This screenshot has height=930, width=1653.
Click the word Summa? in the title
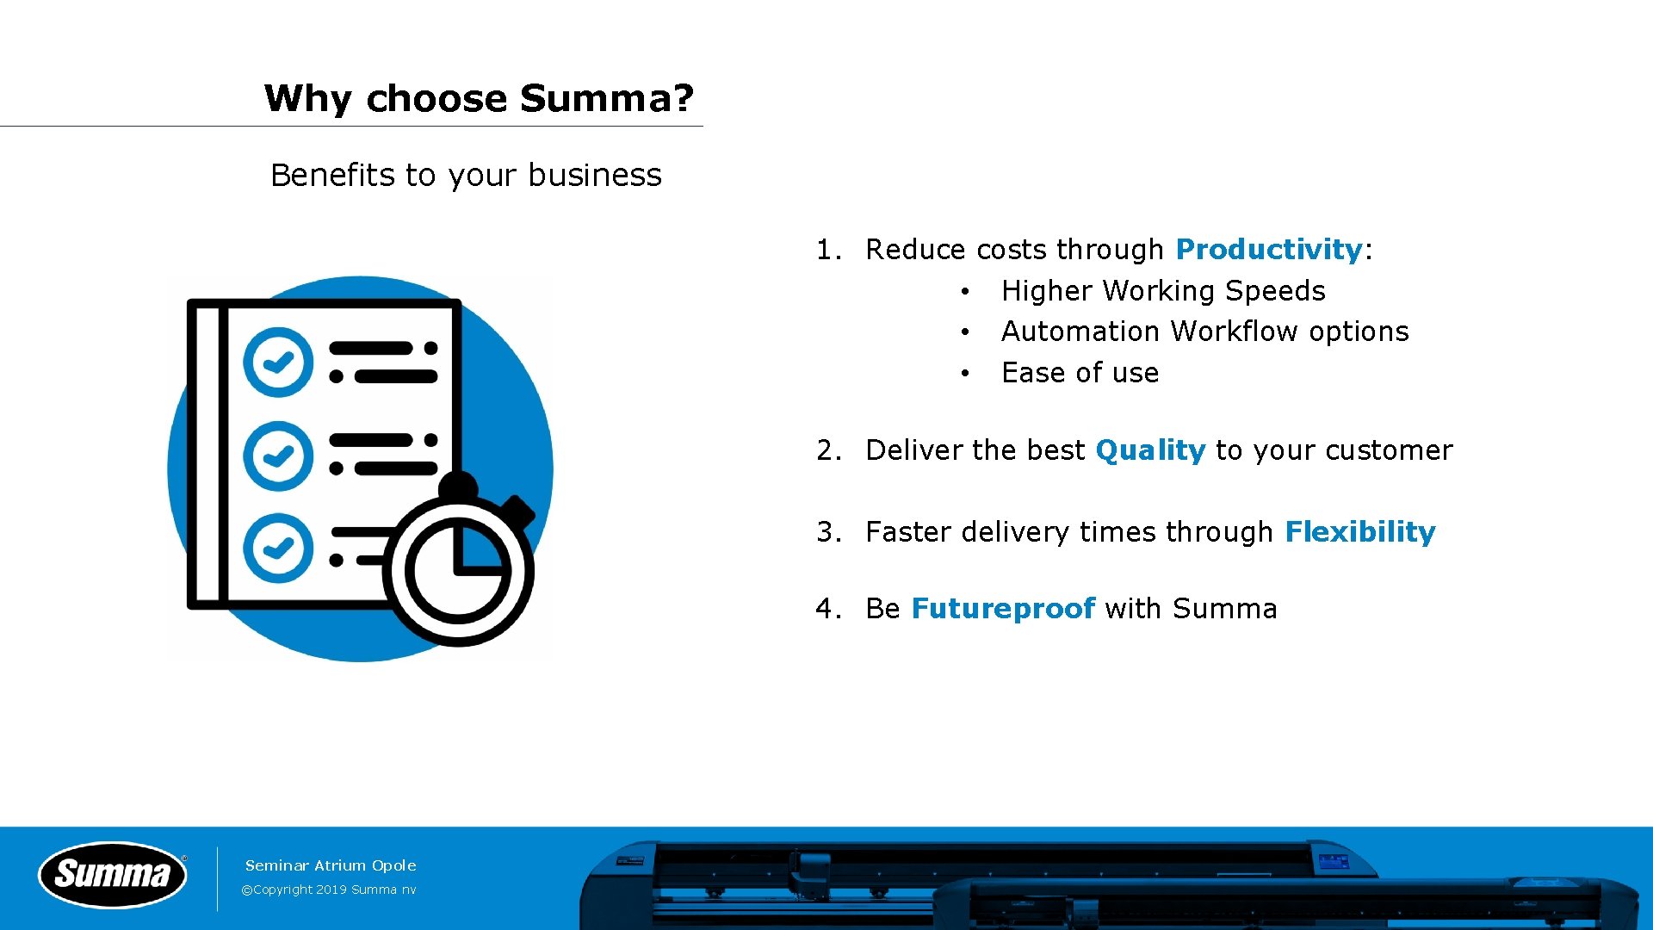606,98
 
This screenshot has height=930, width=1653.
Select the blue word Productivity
1268,250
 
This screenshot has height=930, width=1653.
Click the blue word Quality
1149,450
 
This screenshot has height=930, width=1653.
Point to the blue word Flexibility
1359,532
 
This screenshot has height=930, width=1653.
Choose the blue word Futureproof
1003,609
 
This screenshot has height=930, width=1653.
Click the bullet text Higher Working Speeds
1162,291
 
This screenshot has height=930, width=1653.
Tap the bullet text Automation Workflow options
1204,332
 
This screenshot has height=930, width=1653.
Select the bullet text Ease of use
1080,373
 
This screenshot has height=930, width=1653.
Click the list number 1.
827,250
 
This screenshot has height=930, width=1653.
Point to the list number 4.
827,609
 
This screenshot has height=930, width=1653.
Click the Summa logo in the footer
113,875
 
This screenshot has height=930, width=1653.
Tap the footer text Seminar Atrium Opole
331,865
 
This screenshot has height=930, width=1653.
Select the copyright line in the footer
329,890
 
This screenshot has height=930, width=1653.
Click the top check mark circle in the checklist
277,362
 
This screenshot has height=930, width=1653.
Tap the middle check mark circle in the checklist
277,456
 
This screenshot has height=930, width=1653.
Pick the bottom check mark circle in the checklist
277,548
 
